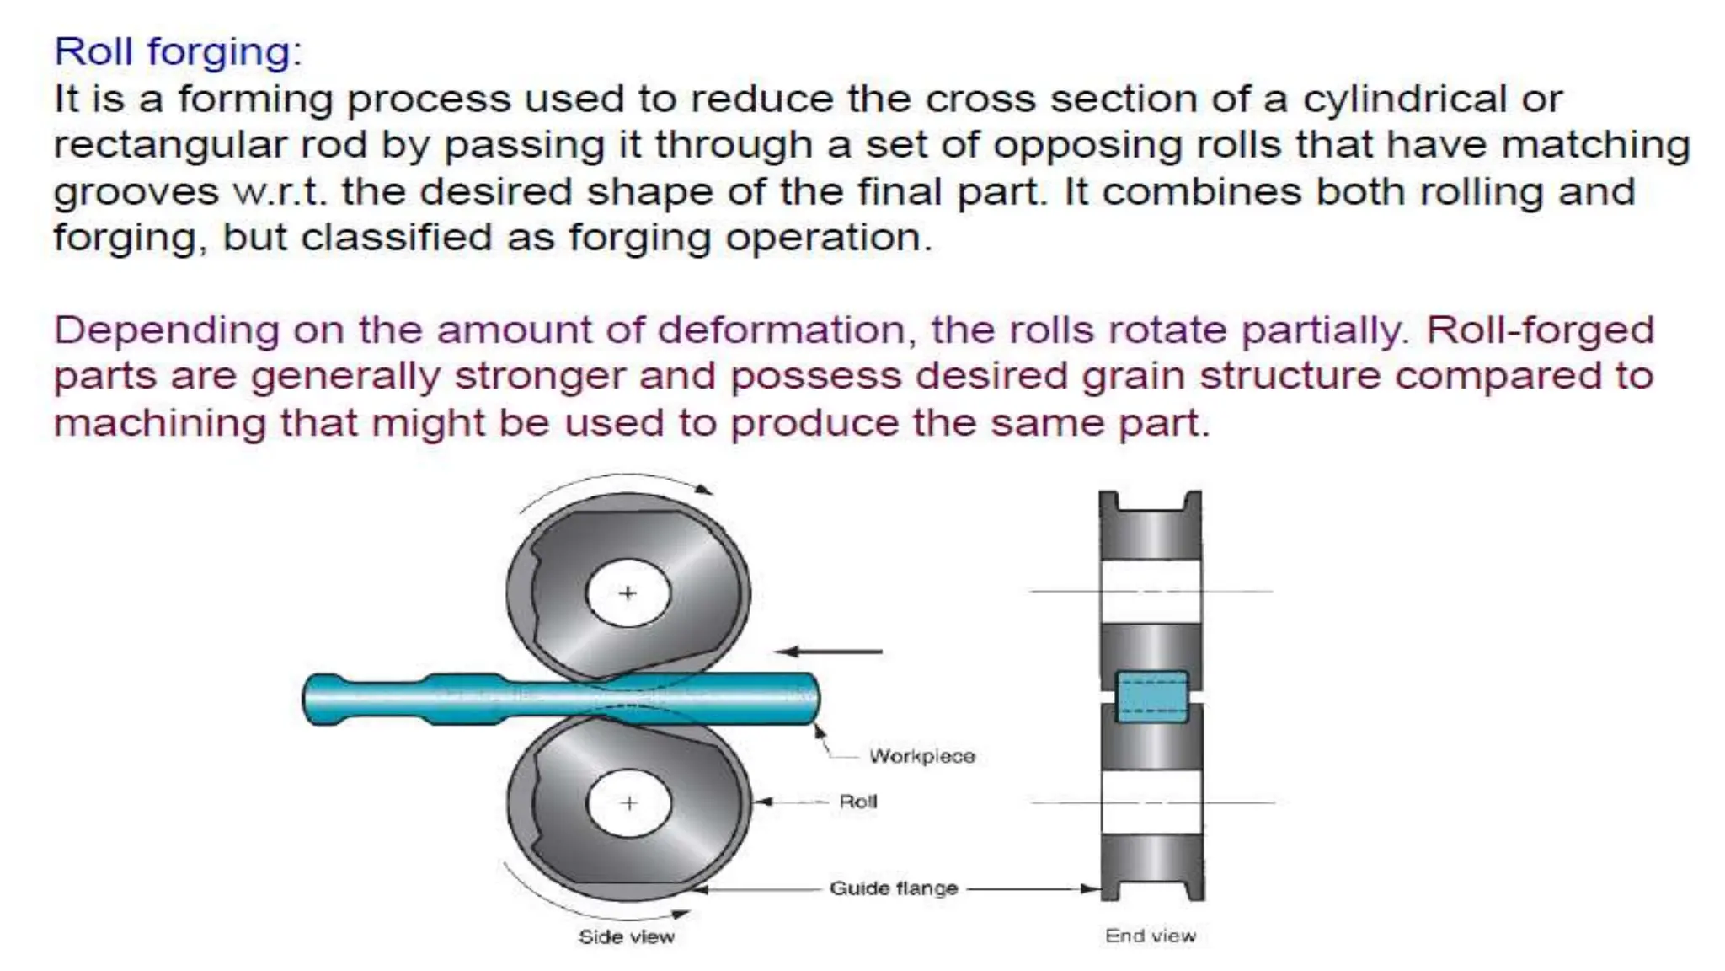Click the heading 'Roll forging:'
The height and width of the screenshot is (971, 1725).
tap(178, 52)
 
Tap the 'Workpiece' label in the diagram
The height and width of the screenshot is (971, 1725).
tap(921, 756)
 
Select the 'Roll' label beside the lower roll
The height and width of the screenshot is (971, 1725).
tap(857, 802)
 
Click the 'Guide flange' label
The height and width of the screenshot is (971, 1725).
tap(894, 888)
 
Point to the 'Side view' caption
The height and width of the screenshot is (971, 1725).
tap(626, 936)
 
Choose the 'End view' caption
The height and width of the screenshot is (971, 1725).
tap(1150, 936)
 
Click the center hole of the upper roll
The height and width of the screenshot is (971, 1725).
tap(628, 593)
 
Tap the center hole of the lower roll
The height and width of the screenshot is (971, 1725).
tap(628, 803)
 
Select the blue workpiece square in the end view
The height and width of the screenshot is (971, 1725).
tap(1151, 697)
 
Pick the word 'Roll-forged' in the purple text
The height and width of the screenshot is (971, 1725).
tap(1540, 330)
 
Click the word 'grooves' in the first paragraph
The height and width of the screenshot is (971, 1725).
tap(136, 192)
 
